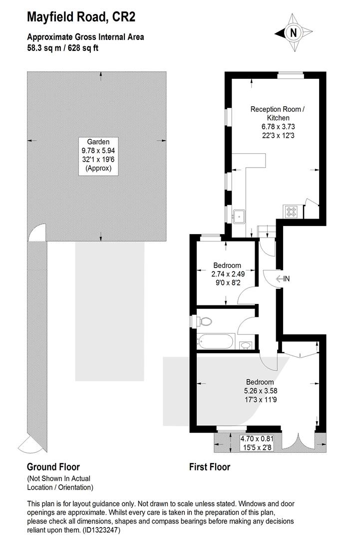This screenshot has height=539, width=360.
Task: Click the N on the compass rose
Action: pos(293,33)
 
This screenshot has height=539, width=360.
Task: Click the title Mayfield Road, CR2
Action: pos(81,17)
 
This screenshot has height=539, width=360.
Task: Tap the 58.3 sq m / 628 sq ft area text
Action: pos(63,48)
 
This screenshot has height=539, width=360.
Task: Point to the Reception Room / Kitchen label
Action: pos(278,113)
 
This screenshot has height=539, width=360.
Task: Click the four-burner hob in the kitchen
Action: pos(291,211)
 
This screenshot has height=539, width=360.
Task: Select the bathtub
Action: pos(215,342)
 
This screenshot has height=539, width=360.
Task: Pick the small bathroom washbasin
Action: pos(245,345)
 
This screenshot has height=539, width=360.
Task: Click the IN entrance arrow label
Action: pos(283,279)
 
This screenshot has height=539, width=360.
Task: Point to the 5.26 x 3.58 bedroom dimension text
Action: pos(261,391)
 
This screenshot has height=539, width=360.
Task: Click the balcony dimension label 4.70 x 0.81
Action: pos(257,439)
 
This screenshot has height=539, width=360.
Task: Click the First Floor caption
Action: pos(210,467)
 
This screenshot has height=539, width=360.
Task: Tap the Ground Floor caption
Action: pos(53,467)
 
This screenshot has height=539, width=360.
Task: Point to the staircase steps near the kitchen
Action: pos(267,232)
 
